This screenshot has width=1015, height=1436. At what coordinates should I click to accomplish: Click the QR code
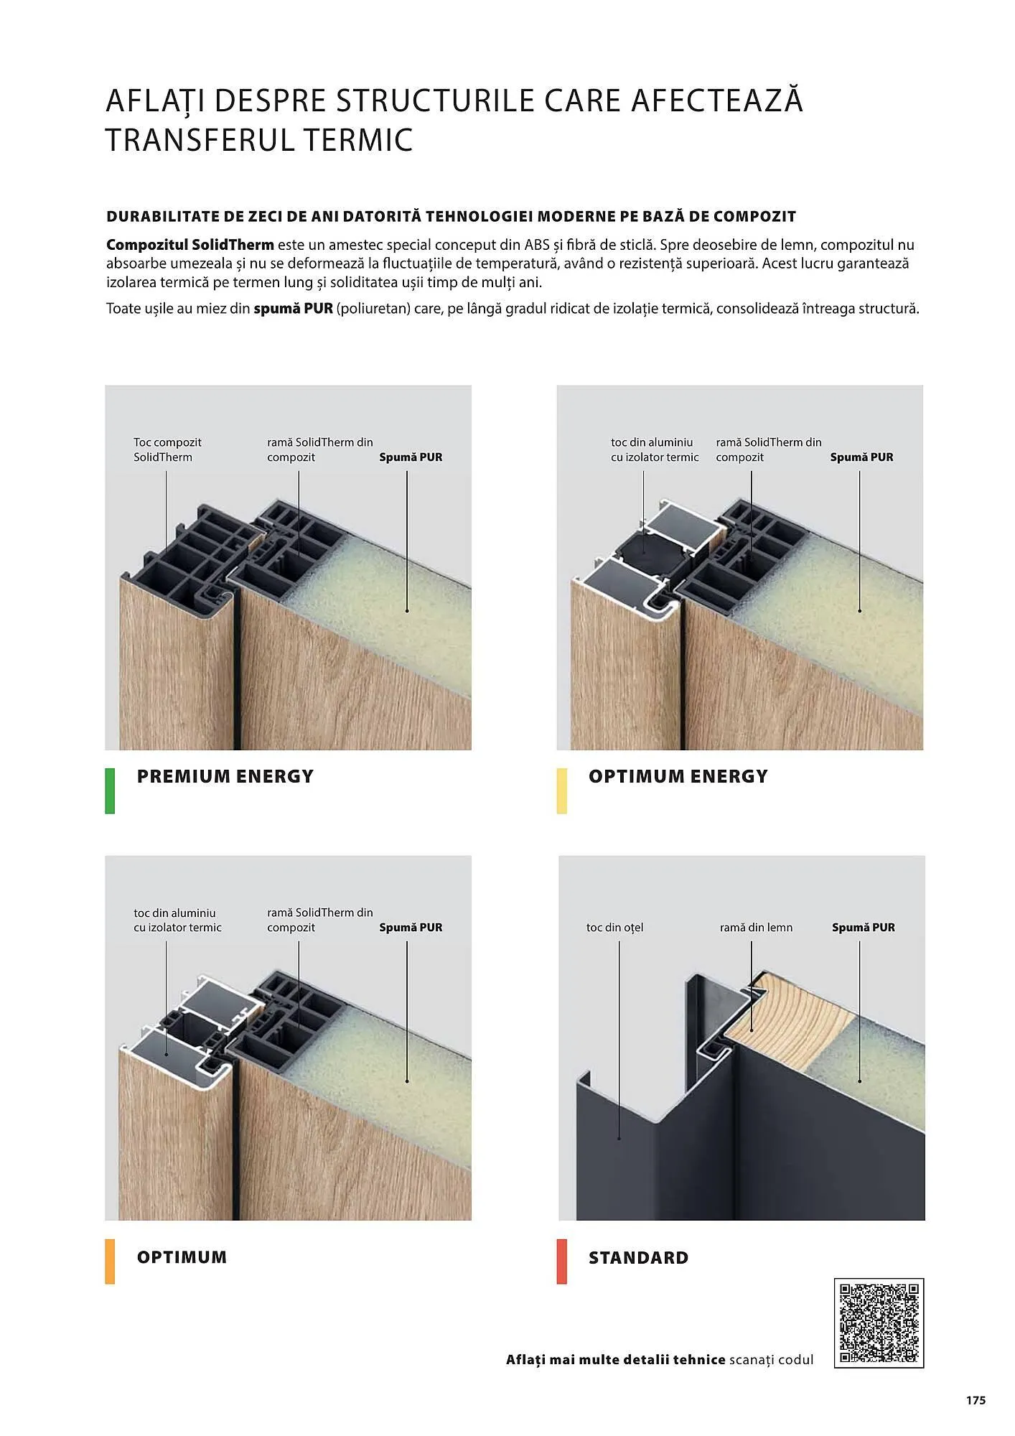coord(879,1323)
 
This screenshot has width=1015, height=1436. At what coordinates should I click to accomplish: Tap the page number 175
coord(976,1400)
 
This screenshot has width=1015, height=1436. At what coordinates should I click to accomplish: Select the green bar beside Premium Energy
coord(110,791)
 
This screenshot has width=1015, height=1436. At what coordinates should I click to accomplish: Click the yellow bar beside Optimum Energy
coord(561,791)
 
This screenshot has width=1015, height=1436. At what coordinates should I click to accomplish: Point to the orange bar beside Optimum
coord(110,1261)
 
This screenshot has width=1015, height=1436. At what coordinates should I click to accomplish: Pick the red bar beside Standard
coord(561,1261)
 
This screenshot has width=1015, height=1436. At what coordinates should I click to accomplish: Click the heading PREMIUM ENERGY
coord(225,776)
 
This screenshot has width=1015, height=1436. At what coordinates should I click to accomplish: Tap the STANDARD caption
coord(638,1257)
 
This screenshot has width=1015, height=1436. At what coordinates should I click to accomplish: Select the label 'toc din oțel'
coord(614,928)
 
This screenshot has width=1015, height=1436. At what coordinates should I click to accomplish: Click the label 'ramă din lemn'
coord(756,928)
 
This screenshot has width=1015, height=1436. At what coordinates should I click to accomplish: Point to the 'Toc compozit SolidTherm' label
coord(167,449)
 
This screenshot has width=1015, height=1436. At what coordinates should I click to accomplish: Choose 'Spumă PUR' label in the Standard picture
coord(863,928)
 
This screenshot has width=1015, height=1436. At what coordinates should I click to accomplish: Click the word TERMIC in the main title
coord(357,140)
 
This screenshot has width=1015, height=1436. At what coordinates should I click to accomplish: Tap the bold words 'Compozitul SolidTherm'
coord(190,245)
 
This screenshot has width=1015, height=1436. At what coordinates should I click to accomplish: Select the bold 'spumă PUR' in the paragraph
coord(293,309)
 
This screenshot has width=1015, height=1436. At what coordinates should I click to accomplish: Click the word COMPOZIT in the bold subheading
coord(754,216)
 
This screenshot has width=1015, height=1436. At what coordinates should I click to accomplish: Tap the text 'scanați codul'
coord(771,1360)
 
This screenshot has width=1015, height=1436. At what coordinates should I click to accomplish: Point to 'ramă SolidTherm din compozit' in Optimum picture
coord(320,920)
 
